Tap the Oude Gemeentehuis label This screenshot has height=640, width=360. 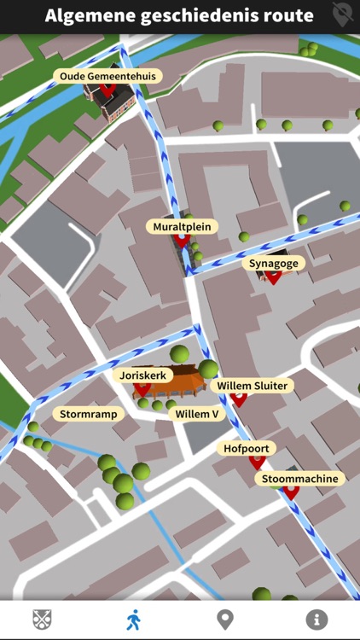pos(107,76)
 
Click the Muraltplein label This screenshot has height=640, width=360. pos(182,226)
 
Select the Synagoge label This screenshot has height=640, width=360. pos(274,263)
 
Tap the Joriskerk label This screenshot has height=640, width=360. pos(142,375)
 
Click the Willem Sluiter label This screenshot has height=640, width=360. pos(252,386)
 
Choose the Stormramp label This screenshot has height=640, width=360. pos(89,414)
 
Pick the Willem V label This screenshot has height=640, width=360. pos(197,414)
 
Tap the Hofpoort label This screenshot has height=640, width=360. pos(246,447)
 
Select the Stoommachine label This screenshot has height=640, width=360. pos(299,479)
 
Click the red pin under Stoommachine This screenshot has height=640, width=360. pos(291,492)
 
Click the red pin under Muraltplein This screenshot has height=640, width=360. pos(182,241)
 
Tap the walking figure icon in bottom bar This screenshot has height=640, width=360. pos(134,620)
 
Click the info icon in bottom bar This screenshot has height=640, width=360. pos(316,620)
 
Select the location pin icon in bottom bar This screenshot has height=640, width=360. pos(225,620)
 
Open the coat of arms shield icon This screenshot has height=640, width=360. pos(42,620)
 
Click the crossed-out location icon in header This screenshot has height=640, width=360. pos(343,15)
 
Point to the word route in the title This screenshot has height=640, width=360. pos(287,15)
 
